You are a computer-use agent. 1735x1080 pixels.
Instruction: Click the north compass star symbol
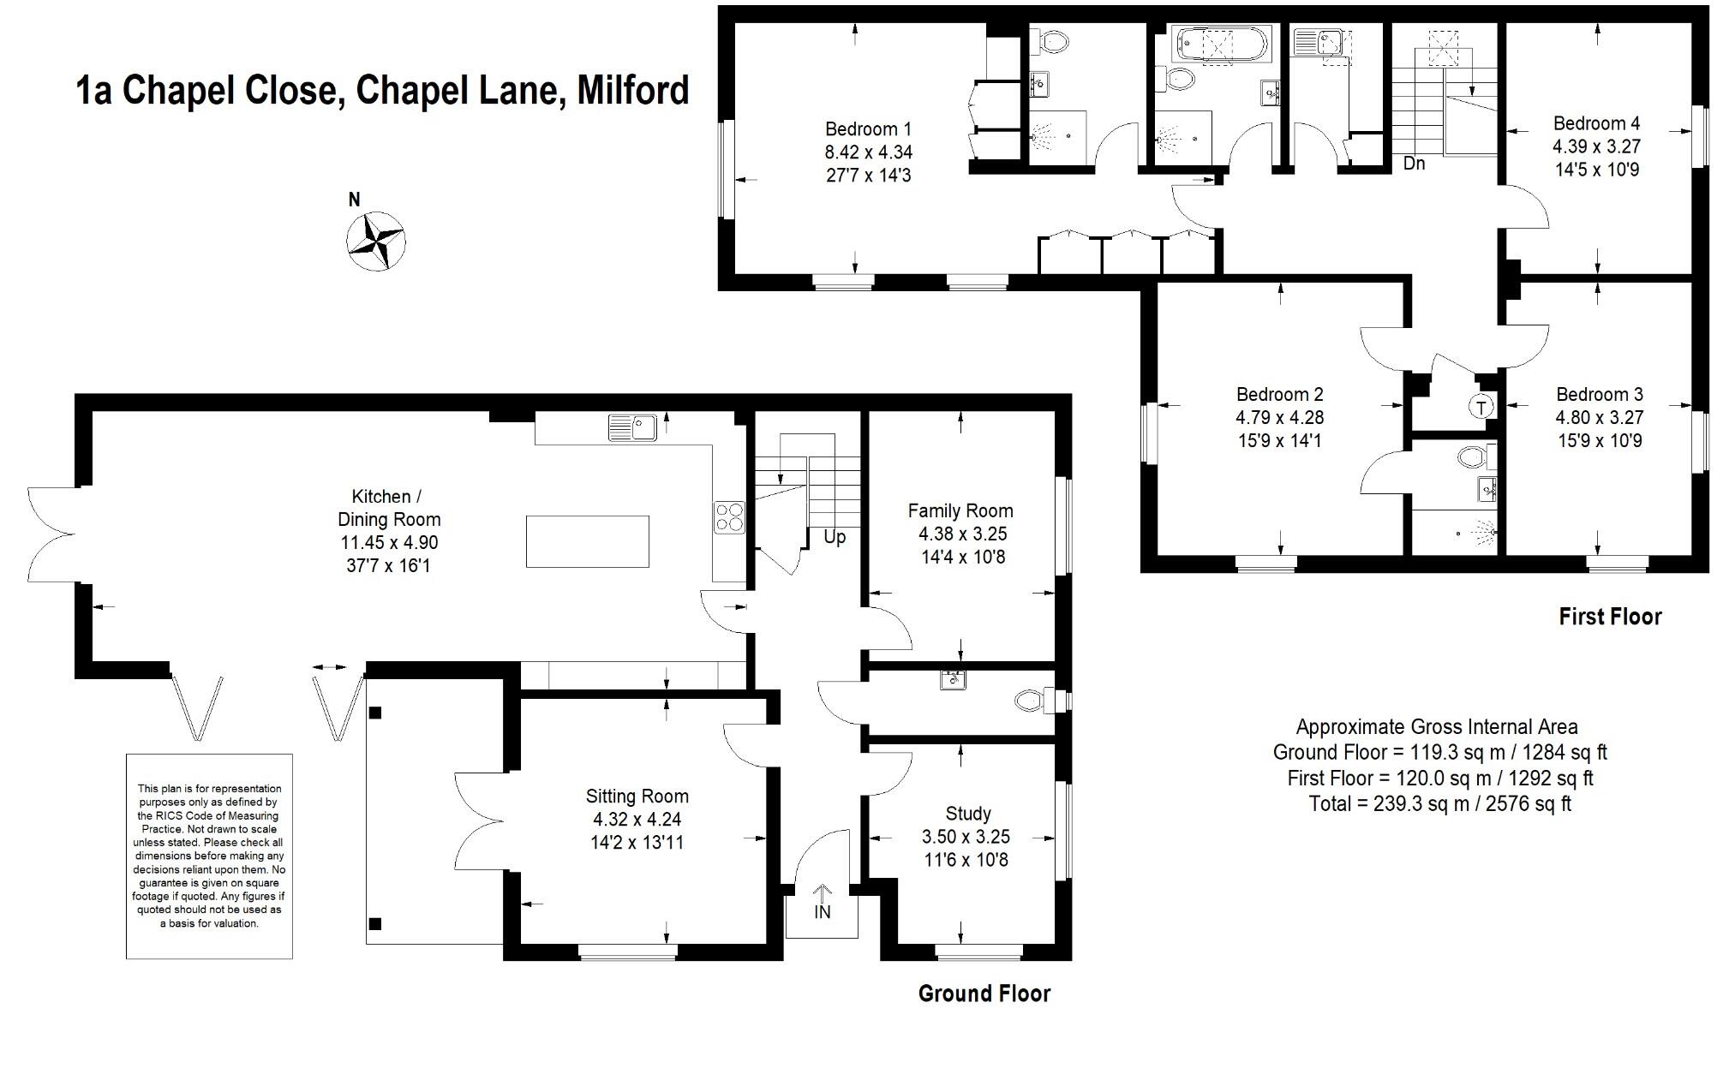point(375,241)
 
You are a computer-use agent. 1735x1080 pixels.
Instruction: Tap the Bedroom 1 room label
point(867,129)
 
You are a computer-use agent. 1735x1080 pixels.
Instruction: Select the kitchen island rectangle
point(587,541)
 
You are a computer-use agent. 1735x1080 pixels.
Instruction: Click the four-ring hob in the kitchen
point(729,517)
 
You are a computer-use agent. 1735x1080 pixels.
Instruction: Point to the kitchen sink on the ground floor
point(632,427)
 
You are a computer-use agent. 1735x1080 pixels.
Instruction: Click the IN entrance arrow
point(822,903)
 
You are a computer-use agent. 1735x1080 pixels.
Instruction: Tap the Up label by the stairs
point(834,537)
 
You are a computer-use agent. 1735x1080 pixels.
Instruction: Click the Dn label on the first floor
point(1414,163)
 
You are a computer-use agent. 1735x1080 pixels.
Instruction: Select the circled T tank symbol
point(1481,406)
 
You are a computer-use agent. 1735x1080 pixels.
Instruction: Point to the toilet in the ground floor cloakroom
point(1029,701)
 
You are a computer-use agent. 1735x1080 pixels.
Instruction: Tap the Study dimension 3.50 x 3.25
point(966,837)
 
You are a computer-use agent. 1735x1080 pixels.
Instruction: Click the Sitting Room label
point(637,797)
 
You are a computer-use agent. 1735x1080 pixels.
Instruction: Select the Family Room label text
point(960,511)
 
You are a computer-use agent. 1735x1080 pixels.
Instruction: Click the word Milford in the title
point(632,91)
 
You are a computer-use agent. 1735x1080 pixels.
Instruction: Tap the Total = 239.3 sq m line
point(1439,804)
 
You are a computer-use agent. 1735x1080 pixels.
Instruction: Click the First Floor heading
point(1609,617)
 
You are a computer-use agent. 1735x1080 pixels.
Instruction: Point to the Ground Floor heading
point(984,993)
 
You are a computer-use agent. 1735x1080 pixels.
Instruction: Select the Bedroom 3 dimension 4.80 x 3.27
point(1599,418)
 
